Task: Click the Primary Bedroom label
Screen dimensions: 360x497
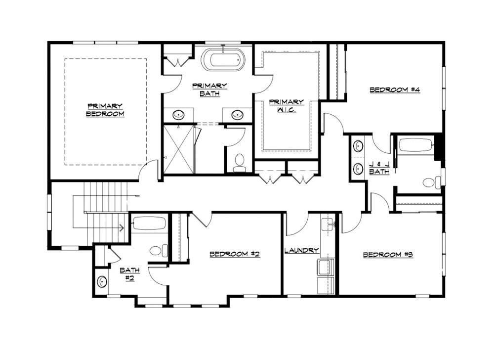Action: [105, 110]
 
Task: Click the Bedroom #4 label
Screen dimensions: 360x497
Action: [395, 90]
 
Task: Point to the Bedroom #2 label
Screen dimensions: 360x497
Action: [235, 254]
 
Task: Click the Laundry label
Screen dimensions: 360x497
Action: [301, 251]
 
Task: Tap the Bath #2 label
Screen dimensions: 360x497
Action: [130, 274]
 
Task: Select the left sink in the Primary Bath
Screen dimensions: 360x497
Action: [178, 115]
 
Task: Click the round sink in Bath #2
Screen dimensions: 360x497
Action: [102, 282]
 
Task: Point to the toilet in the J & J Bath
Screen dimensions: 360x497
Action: [430, 183]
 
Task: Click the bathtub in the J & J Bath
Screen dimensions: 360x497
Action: [415, 145]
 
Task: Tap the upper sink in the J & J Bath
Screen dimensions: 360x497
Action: [358, 147]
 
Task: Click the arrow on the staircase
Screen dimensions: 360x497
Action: [120, 228]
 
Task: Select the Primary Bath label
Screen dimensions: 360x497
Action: [209, 89]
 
